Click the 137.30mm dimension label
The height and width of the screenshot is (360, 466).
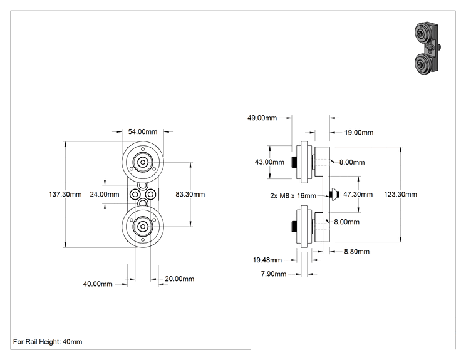coord(65,194)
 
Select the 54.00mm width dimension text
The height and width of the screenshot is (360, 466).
coord(143,131)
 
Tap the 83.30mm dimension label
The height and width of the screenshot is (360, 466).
coord(190,194)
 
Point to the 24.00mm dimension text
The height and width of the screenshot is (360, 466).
coord(105,194)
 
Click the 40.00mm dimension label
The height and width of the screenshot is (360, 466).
coord(98,284)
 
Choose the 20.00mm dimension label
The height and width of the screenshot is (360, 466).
coord(180,279)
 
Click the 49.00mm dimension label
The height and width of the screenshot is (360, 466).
coord(262,118)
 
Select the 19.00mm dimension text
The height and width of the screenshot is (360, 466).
coord(359,133)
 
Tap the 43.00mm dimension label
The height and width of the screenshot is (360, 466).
coord(269,162)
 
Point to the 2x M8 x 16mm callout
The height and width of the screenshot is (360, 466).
coord(293,196)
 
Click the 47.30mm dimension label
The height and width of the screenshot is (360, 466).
coord(358,194)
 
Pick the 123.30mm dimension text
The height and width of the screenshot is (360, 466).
coord(401,194)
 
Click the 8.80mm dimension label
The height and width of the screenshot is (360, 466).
coord(357,252)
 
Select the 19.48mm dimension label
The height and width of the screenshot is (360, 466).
coord(267,260)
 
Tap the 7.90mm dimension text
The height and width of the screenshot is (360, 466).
coord(274,274)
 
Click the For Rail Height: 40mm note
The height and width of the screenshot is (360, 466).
coord(48,342)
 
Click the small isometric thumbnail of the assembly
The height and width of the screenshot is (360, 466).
coord(427,48)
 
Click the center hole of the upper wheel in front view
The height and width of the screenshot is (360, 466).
coord(143,162)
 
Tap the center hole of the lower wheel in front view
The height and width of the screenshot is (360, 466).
coord(143,227)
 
